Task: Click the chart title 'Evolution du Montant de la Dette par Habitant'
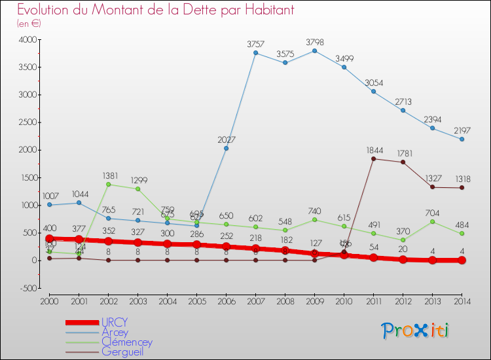(x=156, y=10)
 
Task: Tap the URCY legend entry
(x=115, y=322)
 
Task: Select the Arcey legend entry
(x=115, y=333)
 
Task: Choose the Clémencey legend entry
(x=127, y=342)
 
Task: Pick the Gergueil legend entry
(x=122, y=352)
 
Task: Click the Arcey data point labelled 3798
(x=314, y=51)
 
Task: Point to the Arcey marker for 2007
(x=255, y=53)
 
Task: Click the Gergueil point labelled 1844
(x=373, y=158)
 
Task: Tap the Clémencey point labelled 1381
(x=108, y=184)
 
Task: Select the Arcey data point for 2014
(x=462, y=139)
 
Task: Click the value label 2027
(x=226, y=139)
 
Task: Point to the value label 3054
(x=373, y=82)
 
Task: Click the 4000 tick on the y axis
(x=27, y=40)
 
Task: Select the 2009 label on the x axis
(x=314, y=302)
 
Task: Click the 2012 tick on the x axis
(x=403, y=302)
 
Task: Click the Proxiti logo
(x=416, y=331)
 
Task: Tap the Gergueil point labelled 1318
(x=462, y=188)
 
